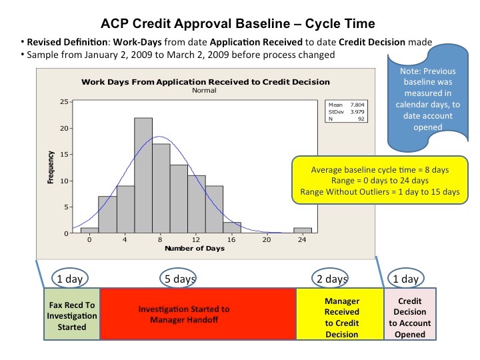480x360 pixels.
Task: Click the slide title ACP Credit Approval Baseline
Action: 237,24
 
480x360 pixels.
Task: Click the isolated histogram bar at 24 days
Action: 302,231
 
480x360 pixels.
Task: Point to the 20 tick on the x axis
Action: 266,240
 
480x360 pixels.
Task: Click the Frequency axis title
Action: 51,168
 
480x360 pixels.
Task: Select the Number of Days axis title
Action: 195,249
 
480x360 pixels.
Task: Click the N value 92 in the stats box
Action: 361,120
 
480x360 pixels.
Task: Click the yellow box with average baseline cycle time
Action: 380,180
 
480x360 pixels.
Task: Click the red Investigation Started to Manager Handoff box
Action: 197,313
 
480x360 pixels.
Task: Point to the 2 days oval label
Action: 332,279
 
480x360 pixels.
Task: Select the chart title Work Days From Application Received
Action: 205,82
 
